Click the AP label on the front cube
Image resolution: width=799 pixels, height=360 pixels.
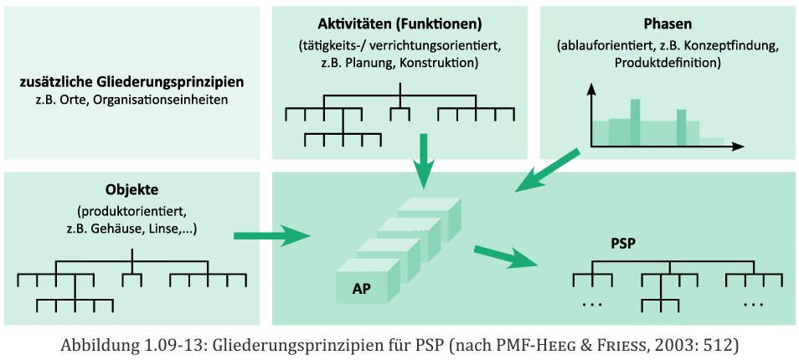coord(362,289)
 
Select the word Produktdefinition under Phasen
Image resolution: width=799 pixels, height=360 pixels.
coord(667,63)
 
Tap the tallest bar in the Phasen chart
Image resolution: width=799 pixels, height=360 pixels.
coord(636,121)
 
